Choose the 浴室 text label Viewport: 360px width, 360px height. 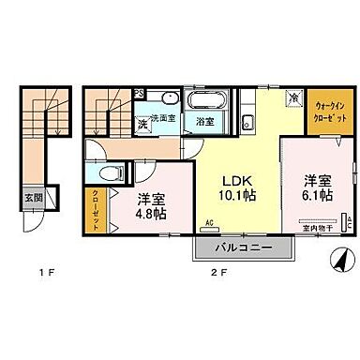coord(204,121)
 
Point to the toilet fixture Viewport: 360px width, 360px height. coord(109,173)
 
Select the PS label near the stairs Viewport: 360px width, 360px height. coord(137,93)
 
